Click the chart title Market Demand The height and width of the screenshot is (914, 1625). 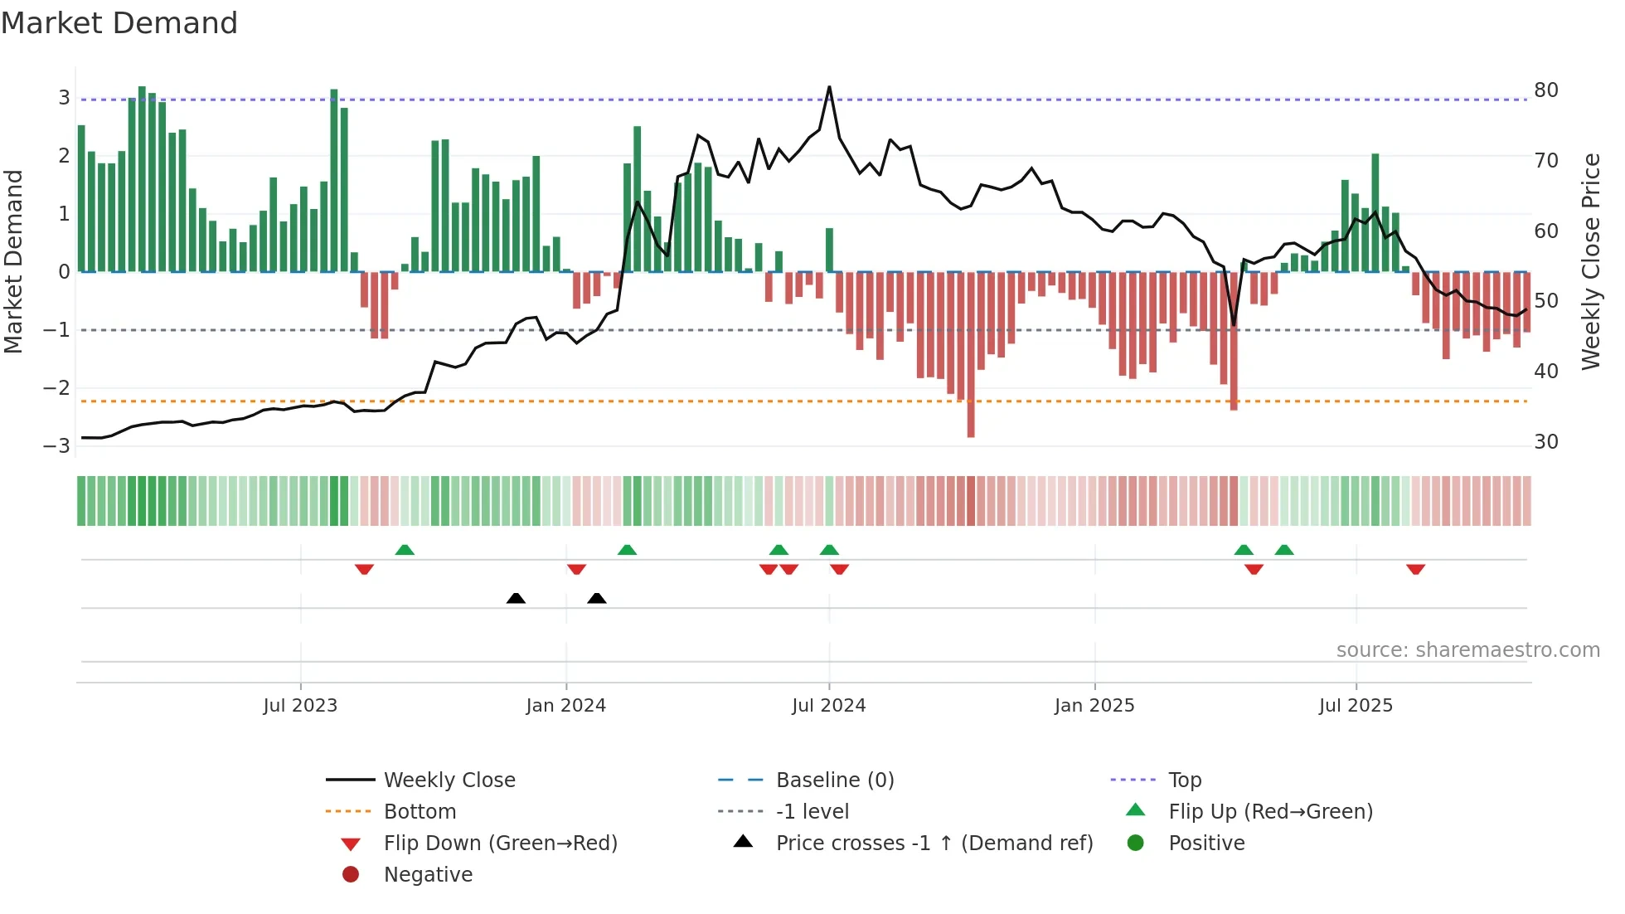(119, 23)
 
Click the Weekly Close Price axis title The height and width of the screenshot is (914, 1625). (1590, 261)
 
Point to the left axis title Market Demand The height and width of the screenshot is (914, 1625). (13, 261)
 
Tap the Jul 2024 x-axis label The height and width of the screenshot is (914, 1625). (828, 706)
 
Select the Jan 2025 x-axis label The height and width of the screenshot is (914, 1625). (1094, 706)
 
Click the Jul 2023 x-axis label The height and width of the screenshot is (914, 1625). (300, 706)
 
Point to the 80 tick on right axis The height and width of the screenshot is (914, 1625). (1546, 90)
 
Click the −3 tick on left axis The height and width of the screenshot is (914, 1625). (57, 445)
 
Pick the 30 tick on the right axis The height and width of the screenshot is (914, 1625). (1546, 441)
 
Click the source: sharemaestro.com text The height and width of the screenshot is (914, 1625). (1467, 649)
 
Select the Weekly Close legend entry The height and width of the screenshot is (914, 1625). (449, 780)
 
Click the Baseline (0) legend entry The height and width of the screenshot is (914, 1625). (834, 780)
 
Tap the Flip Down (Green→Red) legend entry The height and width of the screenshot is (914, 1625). (500, 843)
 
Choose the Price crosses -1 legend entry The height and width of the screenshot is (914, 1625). (934, 843)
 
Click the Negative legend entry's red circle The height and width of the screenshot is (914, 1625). (351, 874)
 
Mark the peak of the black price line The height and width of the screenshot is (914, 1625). (829, 87)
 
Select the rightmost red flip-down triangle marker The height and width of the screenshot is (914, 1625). (1415, 569)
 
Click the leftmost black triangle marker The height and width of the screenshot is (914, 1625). (516, 598)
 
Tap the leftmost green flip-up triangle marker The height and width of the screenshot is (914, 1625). (405, 550)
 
